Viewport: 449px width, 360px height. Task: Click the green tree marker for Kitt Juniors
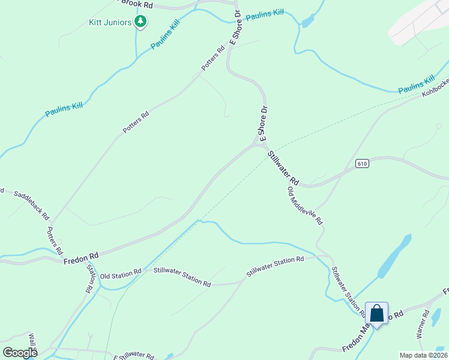(x=141, y=22)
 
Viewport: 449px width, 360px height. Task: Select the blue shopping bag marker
(x=376, y=313)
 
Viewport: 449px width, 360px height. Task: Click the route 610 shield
(x=361, y=163)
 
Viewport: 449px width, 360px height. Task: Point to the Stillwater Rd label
(x=283, y=167)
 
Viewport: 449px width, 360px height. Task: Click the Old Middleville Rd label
(x=305, y=206)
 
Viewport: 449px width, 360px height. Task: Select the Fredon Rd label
(x=80, y=257)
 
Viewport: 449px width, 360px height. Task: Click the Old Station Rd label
(x=120, y=274)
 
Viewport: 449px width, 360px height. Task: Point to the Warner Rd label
(x=422, y=323)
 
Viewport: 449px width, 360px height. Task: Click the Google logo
(x=20, y=352)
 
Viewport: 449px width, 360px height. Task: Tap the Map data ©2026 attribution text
(x=423, y=355)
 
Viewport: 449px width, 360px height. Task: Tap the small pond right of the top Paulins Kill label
(x=307, y=22)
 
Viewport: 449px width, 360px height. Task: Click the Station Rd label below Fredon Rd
(x=91, y=278)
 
